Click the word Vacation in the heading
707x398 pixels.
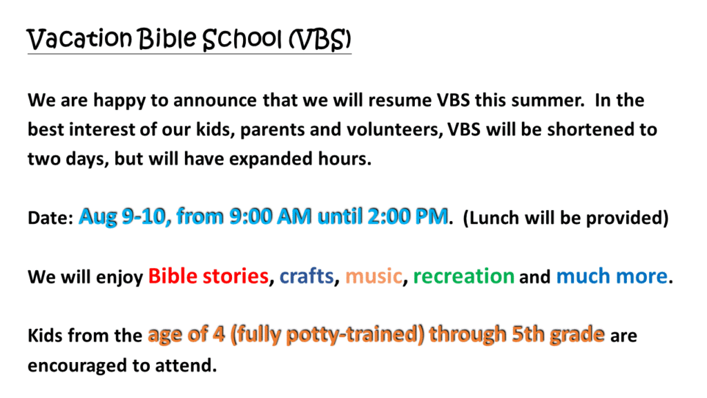tap(79, 39)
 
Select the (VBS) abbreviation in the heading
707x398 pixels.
tap(320, 39)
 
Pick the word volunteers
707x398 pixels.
tap(395, 129)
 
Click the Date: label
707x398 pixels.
tap(50, 218)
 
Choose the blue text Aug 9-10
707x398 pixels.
tap(124, 216)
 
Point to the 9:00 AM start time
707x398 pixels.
tap(270, 216)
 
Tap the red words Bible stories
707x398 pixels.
tap(209, 276)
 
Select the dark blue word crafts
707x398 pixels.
tap(307, 276)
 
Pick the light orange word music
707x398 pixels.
tap(374, 276)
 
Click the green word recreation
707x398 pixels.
tap(463, 276)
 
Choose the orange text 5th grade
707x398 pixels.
tap(558, 335)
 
